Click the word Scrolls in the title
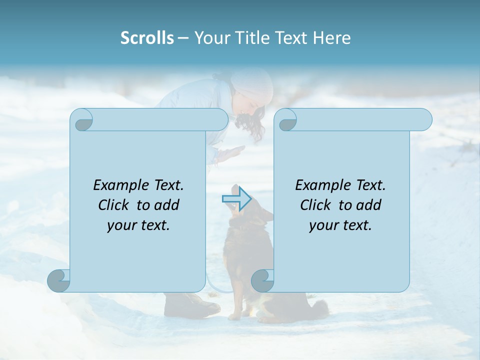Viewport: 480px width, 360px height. coord(147,38)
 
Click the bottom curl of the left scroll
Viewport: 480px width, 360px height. coord(58,280)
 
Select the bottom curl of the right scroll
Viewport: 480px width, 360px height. coord(262,280)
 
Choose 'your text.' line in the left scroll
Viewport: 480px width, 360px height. coord(138,225)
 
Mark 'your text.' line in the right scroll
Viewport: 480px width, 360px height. coord(340,225)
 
